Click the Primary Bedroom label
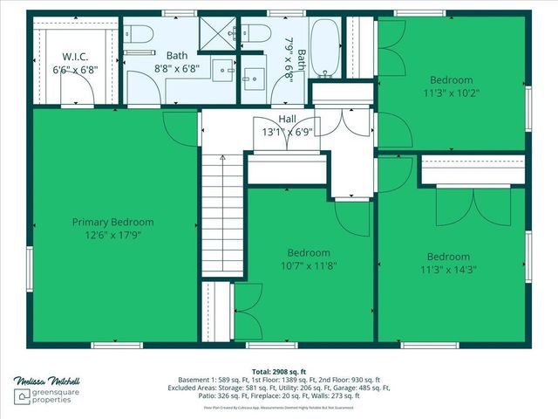coord(112,222)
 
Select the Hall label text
coord(287,120)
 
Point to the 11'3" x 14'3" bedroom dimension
coord(448,269)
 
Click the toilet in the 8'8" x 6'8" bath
coord(139,35)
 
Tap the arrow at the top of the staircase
coord(223,160)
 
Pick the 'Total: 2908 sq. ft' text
coord(278,371)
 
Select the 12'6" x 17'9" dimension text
coord(112,234)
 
